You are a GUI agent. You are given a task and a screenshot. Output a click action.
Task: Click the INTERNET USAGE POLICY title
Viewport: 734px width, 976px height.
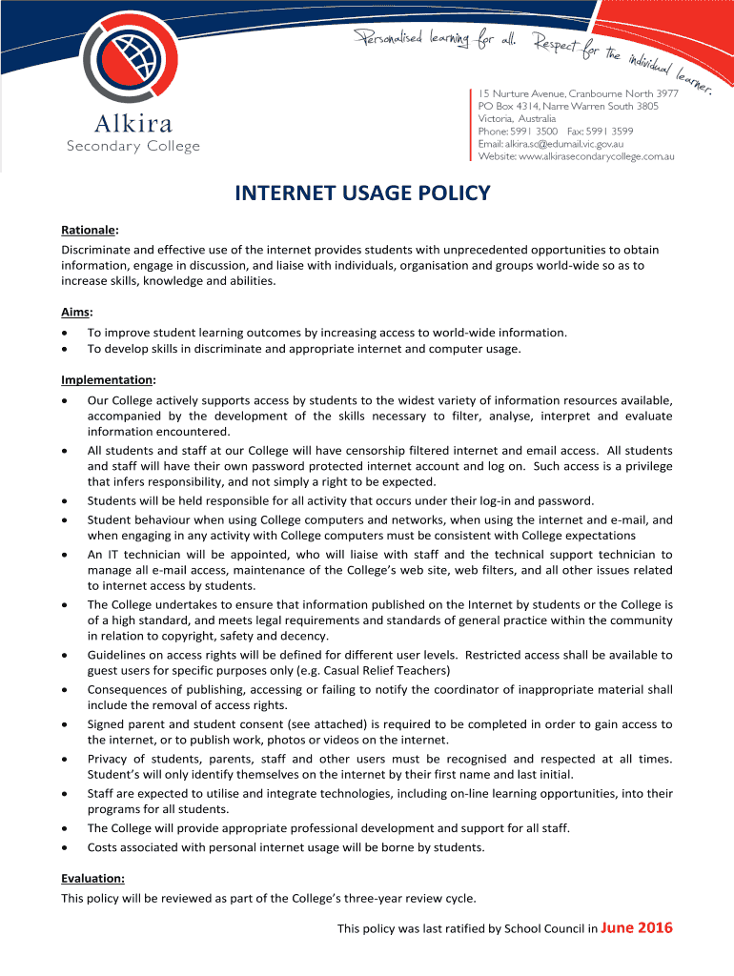click(x=362, y=193)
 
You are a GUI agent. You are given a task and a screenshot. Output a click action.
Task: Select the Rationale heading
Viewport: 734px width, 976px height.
click(x=89, y=230)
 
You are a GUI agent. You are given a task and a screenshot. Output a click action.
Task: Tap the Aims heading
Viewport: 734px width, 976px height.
click(x=76, y=312)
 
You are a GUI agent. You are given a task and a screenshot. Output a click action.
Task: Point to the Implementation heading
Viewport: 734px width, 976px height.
click(x=108, y=379)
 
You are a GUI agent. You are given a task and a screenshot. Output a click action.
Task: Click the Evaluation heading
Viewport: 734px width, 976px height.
click(x=92, y=879)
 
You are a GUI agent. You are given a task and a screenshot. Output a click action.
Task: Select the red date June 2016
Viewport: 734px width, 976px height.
click(x=638, y=927)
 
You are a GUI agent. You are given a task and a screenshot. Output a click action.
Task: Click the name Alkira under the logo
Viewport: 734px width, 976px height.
click(x=133, y=125)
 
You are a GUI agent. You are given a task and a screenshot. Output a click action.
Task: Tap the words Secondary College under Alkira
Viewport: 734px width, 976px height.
click(x=133, y=146)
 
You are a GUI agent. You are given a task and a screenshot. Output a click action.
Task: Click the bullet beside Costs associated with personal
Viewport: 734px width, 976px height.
click(x=64, y=846)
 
